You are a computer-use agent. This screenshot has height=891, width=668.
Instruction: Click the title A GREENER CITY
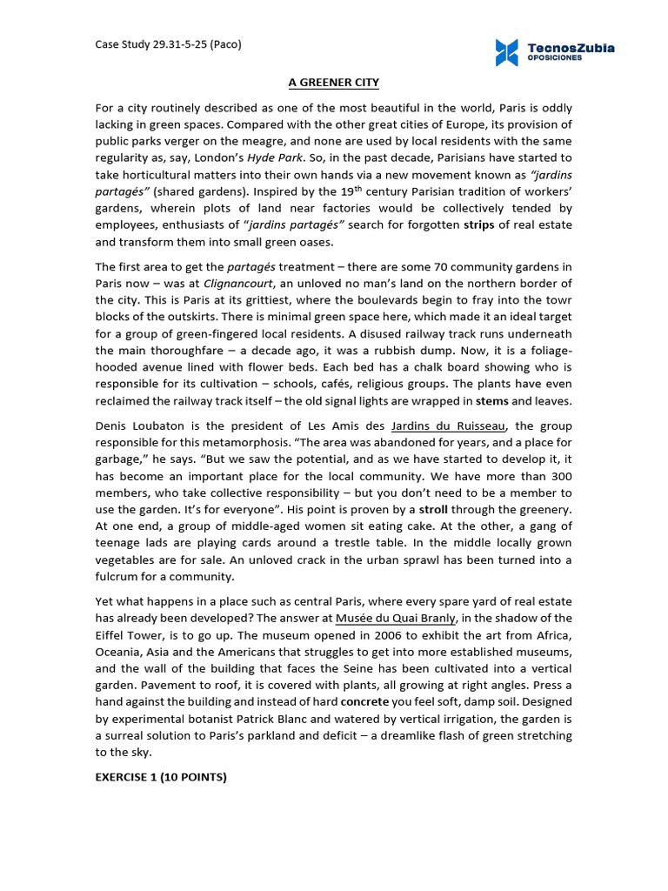click(334, 83)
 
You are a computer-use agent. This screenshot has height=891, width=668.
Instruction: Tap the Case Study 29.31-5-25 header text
click(168, 44)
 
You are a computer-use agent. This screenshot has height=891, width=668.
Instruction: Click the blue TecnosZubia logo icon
click(506, 52)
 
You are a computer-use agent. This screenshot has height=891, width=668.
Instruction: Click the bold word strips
click(478, 224)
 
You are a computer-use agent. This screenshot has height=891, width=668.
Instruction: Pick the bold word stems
click(491, 401)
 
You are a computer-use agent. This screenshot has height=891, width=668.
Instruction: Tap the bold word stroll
click(434, 508)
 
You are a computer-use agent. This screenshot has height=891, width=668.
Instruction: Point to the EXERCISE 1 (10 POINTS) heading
click(161, 777)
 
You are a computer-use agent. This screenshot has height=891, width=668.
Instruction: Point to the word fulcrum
click(117, 575)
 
